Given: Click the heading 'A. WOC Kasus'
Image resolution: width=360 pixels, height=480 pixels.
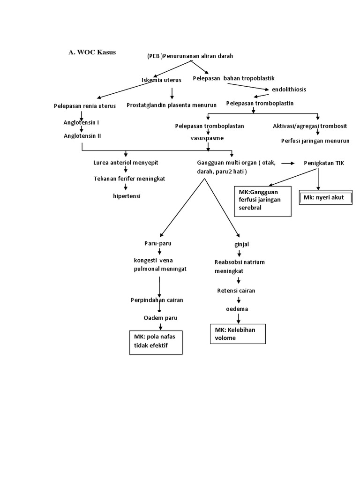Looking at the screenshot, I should point(92,52).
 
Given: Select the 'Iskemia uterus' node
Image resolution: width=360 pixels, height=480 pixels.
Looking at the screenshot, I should point(161,80).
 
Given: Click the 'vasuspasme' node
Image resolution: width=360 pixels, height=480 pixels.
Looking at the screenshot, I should point(207,139).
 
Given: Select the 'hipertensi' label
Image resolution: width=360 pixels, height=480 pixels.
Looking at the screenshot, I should point(127,196).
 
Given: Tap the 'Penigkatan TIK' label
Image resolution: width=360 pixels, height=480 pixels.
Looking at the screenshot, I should point(323,163).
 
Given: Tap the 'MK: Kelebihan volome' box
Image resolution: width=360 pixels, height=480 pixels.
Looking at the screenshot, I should point(238,333).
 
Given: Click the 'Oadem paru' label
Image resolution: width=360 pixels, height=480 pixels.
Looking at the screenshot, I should point(160,318).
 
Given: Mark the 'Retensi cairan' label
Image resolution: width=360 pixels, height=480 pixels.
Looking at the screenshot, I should point(236,291).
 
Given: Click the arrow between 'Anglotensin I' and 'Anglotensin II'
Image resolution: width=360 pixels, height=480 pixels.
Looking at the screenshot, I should point(82,129).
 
